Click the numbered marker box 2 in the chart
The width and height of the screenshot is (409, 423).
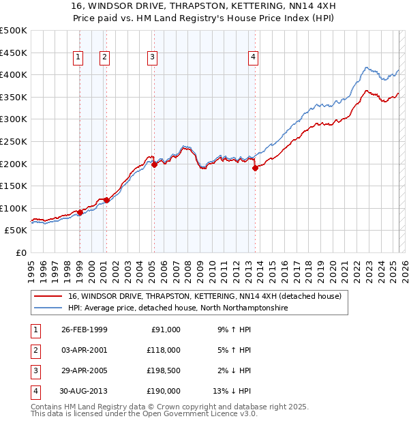(105, 58)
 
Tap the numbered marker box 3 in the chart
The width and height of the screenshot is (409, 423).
(153, 58)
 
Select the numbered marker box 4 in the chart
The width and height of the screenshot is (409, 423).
(253, 58)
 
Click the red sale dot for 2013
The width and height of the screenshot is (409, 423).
(255, 168)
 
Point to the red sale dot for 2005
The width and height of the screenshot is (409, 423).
(154, 164)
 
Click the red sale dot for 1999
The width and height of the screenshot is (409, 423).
(80, 212)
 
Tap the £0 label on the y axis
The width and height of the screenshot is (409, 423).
(20, 252)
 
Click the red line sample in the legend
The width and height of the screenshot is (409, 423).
(48, 297)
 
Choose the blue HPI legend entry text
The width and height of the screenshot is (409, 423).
(178, 308)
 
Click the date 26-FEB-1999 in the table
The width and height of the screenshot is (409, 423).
(85, 330)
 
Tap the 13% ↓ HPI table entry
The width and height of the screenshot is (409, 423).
(232, 392)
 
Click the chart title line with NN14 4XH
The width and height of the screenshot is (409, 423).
(204, 6)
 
